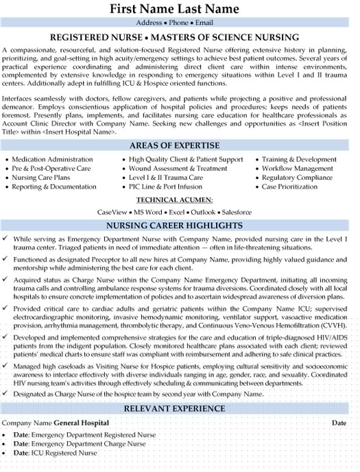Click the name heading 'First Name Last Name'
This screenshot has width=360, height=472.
pos(180,9)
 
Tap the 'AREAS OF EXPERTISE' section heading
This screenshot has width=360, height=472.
pos(180,145)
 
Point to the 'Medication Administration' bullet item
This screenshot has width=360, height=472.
pos(53,159)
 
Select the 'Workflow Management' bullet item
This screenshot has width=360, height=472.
pos(297,168)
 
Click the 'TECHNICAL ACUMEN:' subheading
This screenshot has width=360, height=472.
pos(180,200)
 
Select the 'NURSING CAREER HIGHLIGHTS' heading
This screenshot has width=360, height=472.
pos(180,226)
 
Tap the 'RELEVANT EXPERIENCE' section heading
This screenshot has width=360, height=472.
pos(180,410)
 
